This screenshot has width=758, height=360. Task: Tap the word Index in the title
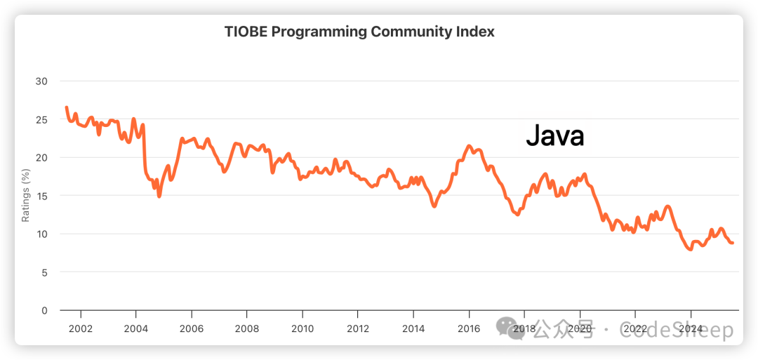pos(476,32)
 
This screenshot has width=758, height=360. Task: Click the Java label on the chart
pos(554,135)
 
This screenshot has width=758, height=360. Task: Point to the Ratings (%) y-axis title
pos(26,195)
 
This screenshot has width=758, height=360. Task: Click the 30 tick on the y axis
pos(41,81)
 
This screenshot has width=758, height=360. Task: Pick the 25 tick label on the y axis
pos(41,119)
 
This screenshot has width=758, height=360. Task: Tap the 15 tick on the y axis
pos(41,195)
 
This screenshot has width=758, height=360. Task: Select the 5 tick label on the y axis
pos(44,272)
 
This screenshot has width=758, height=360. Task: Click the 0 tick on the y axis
pos(44,310)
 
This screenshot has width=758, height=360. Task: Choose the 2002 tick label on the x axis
pos(81,328)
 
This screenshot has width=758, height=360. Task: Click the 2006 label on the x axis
pos(192,328)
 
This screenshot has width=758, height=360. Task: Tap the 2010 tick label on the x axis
pos(302,328)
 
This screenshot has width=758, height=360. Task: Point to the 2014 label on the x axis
pos(413,328)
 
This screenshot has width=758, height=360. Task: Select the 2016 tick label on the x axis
pos(469,328)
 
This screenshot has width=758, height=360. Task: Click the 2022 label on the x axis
pos(635,328)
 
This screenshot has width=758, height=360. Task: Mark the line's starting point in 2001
pos(67,107)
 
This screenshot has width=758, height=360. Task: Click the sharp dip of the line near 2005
pos(159,196)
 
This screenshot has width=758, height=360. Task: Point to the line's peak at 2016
pos(469,146)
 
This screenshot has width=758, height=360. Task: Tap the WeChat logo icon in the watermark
pos(510,327)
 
